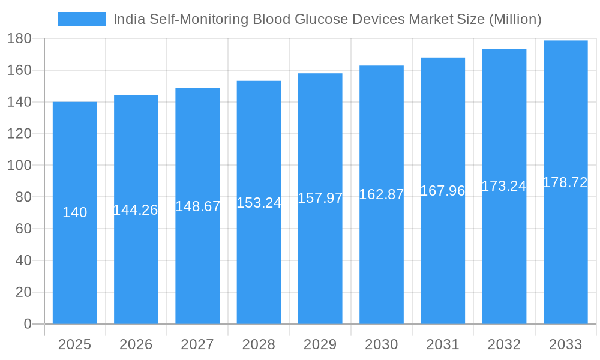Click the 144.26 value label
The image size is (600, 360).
coord(136,210)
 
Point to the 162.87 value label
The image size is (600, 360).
coord(382,194)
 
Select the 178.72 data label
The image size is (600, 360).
coord(565,183)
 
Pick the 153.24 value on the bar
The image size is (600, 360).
coord(259,203)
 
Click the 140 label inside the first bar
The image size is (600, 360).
coord(74,212)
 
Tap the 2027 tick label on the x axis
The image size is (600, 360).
coord(197,344)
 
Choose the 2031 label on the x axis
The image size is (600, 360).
coord(443,344)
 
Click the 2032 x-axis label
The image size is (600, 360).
coord(504,344)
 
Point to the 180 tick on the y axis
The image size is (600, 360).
coord(19,39)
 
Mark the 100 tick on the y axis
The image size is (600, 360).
coord(19,165)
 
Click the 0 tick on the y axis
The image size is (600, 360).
coord(27,324)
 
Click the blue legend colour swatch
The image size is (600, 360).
coord(82,19)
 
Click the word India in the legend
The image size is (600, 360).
coord(128,19)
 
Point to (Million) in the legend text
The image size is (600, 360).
coord(515,19)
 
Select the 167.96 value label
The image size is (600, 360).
coord(443,191)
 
